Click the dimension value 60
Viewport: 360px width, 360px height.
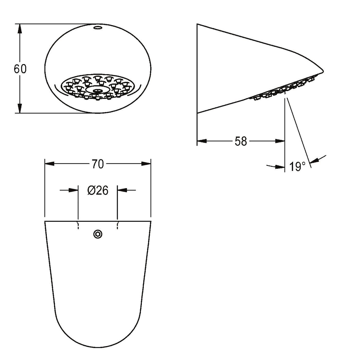20,69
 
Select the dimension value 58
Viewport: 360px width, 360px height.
241,141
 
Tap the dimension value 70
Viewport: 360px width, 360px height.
98,164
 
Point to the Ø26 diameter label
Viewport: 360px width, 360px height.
98,191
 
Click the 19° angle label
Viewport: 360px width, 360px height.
298,167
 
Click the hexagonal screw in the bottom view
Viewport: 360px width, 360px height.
98,234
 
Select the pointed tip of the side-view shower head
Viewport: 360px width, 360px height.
323,71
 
